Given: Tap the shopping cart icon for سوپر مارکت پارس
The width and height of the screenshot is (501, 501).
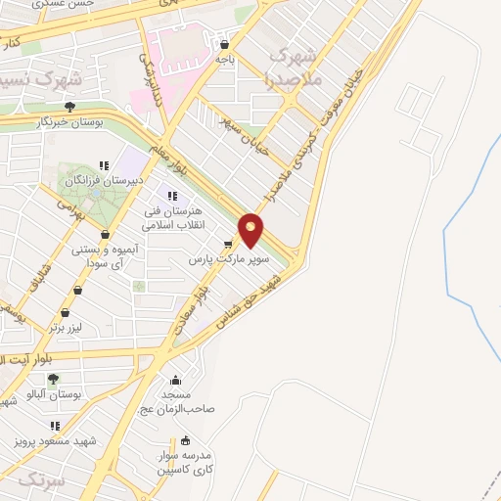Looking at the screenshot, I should point(228,245).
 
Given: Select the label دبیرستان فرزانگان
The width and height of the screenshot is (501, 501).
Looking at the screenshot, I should point(104,181).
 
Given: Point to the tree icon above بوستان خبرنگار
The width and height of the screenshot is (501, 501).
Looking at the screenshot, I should point(69,108).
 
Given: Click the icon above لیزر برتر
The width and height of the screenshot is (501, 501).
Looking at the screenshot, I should point(77,290).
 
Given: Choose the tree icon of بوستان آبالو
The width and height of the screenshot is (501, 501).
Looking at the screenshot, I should point(53,378).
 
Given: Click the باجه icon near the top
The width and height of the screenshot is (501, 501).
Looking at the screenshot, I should point(226,44).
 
